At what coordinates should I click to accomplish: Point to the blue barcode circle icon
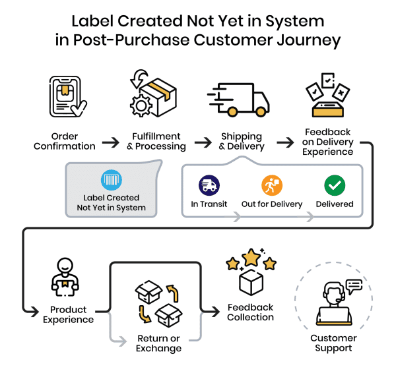111,181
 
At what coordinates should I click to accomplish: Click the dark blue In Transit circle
209,185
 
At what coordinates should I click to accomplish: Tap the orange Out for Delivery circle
271,185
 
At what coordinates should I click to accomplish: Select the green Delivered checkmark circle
335,185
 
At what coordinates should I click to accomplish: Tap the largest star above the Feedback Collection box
251,257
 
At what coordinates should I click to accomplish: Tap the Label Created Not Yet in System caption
112,202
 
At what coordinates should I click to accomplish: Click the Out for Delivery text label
272,204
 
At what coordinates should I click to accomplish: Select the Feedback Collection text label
251,312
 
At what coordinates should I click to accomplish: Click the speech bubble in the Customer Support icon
354,286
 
